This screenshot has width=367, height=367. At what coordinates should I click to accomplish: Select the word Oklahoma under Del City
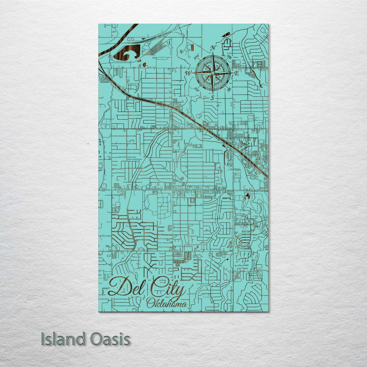tap(167, 303)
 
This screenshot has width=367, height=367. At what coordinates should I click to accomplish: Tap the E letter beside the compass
tap(237, 73)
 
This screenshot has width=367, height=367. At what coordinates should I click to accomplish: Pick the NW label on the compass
tap(196, 57)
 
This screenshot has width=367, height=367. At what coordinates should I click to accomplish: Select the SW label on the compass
tap(196, 89)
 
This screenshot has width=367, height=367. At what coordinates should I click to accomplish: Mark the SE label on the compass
tap(229, 89)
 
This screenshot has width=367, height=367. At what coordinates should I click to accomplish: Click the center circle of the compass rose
tap(213, 73)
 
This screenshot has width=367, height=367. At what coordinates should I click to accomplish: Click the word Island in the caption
tap(63, 339)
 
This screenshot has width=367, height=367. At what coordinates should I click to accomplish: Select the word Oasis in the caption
tap(110, 339)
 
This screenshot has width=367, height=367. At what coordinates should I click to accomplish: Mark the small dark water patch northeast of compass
tap(226, 34)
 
